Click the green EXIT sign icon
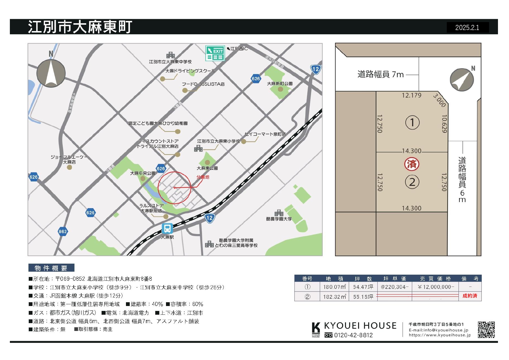[215, 53]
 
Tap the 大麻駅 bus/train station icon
[167, 228]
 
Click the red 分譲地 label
[203, 177]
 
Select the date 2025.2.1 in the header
[467, 28]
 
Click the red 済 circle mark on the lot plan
[412, 164]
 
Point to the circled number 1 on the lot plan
[412, 122]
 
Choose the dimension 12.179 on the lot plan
[411, 95]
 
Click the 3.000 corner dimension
[439, 100]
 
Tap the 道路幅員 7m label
[380, 75]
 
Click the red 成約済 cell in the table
[470, 296]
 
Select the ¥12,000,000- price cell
[436, 287]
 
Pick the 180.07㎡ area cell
[335, 287]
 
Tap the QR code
[486, 330]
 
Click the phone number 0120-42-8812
[353, 335]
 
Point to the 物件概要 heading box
[51, 268]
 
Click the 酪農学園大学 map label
[279, 219]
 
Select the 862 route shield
[63, 231]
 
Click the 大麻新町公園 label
[279, 84]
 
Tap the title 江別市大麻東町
[80, 27]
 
